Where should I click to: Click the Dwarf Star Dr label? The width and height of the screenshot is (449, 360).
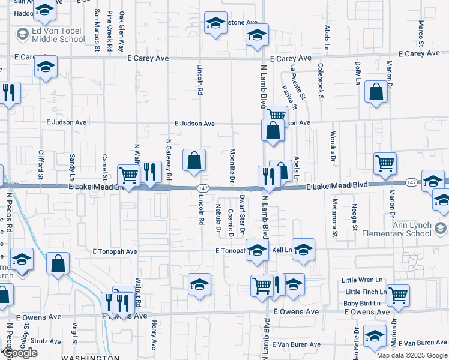243,214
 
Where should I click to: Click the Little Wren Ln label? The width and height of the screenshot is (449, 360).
362,280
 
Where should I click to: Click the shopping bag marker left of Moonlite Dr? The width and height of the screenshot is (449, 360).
194,161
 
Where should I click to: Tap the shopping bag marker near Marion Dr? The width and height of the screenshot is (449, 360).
376,92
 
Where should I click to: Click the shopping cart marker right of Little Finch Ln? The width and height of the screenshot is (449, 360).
398,295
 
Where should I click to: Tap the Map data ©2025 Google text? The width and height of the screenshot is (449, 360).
411,355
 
